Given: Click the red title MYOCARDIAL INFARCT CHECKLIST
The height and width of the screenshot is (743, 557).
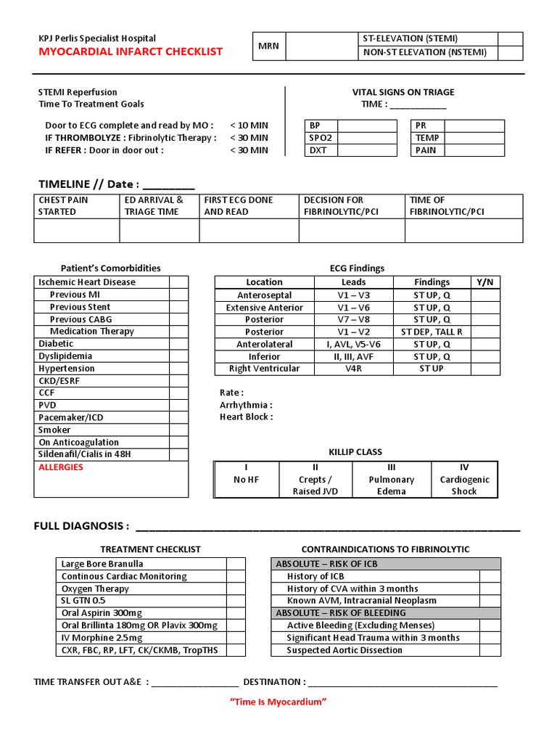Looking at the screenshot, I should [x=131, y=52].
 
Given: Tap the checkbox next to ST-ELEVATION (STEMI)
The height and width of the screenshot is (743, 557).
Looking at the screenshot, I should [x=510, y=39].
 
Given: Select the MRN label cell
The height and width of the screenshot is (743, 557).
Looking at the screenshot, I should [x=268, y=46].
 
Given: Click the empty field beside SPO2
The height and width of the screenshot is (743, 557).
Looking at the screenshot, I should [x=367, y=138].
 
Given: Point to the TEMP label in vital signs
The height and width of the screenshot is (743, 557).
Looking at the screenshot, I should [x=427, y=138].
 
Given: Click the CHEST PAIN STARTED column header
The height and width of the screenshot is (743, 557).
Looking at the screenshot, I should [x=76, y=206].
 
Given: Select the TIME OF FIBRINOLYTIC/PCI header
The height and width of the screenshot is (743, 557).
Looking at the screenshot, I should [x=463, y=206].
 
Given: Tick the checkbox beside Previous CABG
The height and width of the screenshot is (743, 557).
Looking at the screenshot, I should [x=178, y=319].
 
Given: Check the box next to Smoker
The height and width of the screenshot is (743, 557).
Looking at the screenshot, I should [x=178, y=430].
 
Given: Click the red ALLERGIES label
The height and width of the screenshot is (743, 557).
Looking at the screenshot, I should [x=61, y=467].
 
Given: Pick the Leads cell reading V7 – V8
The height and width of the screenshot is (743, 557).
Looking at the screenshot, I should [x=353, y=320].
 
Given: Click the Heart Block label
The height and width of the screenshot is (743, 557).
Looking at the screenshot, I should [x=247, y=417].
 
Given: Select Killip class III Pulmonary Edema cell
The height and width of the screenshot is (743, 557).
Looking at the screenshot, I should [x=392, y=480].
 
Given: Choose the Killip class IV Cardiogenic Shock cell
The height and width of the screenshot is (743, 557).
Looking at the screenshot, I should [x=464, y=480].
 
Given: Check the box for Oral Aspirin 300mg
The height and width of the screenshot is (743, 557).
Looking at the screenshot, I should [x=236, y=613].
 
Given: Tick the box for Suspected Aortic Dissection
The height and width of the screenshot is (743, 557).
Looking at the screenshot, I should [x=490, y=650].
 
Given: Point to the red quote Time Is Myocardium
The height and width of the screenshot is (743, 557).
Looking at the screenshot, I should [x=278, y=702].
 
